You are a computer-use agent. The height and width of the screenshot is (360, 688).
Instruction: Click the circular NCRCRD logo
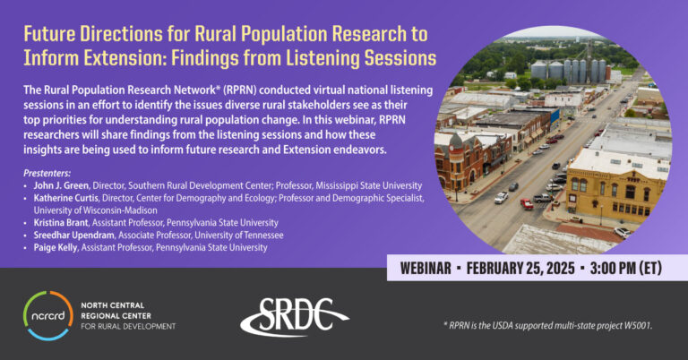[x=47, y=314]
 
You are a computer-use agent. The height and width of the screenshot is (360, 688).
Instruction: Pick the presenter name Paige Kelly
[x=59, y=246]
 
